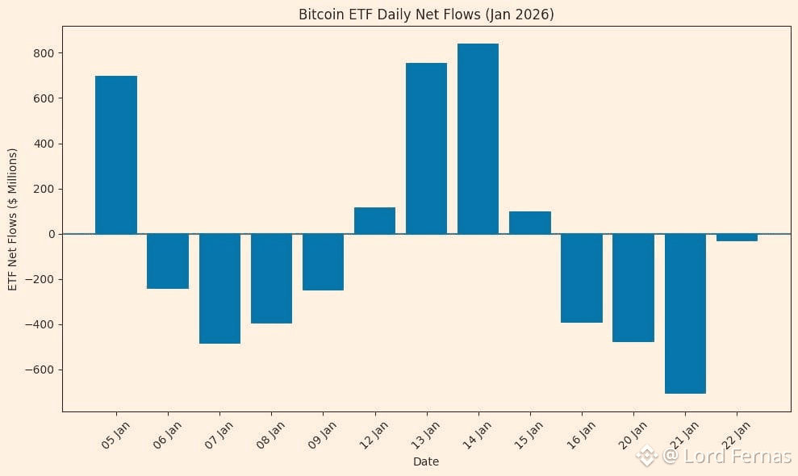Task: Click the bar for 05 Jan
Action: pyautogui.click(x=116, y=155)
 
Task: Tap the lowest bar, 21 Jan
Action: pyautogui.click(x=685, y=314)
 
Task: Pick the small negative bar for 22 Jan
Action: pyautogui.click(x=737, y=238)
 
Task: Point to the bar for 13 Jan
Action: pyautogui.click(x=426, y=148)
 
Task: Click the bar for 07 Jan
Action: pyautogui.click(x=219, y=289)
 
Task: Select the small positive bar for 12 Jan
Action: pyautogui.click(x=374, y=221)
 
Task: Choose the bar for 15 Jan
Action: pyautogui.click(x=530, y=223)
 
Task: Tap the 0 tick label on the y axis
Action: pyautogui.click(x=50, y=234)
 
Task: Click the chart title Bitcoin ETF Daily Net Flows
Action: pyautogui.click(x=426, y=15)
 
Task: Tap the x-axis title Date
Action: pyautogui.click(x=426, y=461)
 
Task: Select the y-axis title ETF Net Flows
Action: pyautogui.click(x=12, y=219)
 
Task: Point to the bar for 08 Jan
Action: pyautogui.click(x=271, y=278)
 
